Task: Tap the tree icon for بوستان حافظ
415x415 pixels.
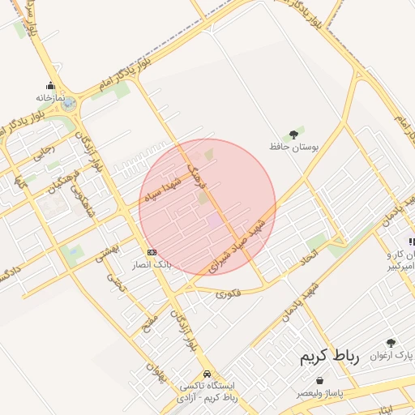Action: tap(293, 135)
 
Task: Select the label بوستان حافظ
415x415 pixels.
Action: tap(295, 148)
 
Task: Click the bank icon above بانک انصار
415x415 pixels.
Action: tap(152, 252)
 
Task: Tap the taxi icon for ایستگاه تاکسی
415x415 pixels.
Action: tap(207, 374)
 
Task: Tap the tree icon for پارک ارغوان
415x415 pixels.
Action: tap(391, 343)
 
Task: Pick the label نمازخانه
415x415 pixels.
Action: tap(49, 97)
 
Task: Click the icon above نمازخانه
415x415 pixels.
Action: tap(50, 86)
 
